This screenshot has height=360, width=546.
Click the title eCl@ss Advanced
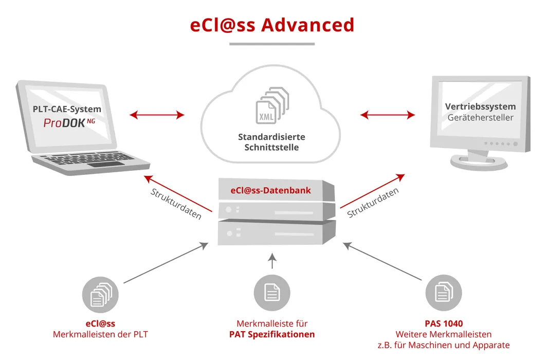tap(272, 25)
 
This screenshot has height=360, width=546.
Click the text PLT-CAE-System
tap(67, 109)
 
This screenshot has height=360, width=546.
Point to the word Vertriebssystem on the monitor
tap(480, 106)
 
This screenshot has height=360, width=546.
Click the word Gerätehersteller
tap(480, 118)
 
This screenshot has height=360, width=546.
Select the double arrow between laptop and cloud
tap(157, 115)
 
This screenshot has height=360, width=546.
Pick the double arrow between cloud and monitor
tap(388, 115)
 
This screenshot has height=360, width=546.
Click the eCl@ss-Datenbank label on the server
tap(270, 190)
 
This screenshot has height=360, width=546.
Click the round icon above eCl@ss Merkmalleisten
tap(101, 295)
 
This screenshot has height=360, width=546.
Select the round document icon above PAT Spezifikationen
tap(272, 293)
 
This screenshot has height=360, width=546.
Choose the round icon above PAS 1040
tap(443, 293)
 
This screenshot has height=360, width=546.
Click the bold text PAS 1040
tap(443, 323)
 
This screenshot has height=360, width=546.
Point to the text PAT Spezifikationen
tap(272, 334)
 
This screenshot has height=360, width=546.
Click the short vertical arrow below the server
tap(272, 261)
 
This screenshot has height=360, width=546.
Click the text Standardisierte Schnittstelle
tap(271, 142)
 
